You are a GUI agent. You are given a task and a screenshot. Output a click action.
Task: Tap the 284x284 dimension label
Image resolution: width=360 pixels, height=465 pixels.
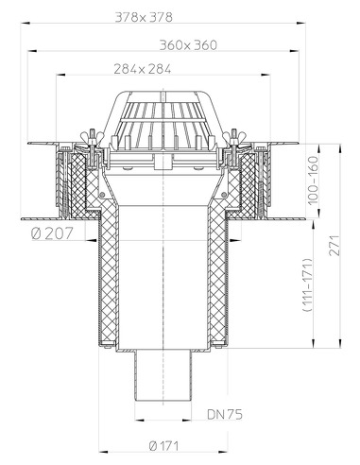pos(167,68)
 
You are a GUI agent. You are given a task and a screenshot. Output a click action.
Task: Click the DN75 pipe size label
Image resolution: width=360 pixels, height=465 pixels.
pos(224,414)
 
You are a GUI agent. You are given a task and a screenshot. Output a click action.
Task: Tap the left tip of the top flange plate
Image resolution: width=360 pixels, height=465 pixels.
pos(31,145)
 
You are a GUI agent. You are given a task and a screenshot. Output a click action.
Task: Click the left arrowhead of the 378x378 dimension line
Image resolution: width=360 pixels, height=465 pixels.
pos(26,25)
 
